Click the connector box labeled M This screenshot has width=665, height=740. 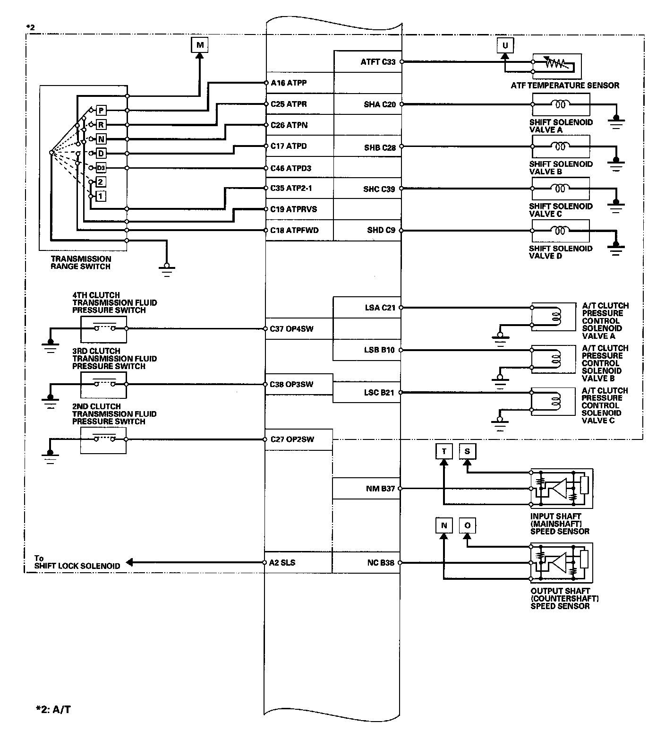pos(200,45)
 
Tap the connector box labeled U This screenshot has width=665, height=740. pos(505,45)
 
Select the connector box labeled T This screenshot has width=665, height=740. pos(443,451)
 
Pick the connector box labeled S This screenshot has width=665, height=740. pos(467,451)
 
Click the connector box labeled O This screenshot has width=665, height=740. pos(467,525)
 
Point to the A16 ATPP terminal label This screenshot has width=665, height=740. pos(289,83)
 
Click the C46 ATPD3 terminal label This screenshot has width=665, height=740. pos(291,168)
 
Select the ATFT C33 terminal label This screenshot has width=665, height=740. pos(378,61)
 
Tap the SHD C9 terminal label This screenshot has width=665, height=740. pos(381,231)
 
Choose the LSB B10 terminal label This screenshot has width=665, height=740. pos(379,350)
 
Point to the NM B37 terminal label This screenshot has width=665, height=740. pos(380,489)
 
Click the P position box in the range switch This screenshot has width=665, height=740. pos(101,111)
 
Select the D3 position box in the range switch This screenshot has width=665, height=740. pos(101,168)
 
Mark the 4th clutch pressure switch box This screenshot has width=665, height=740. pos(103,329)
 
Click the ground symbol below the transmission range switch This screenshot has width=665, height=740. pos(166,269)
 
